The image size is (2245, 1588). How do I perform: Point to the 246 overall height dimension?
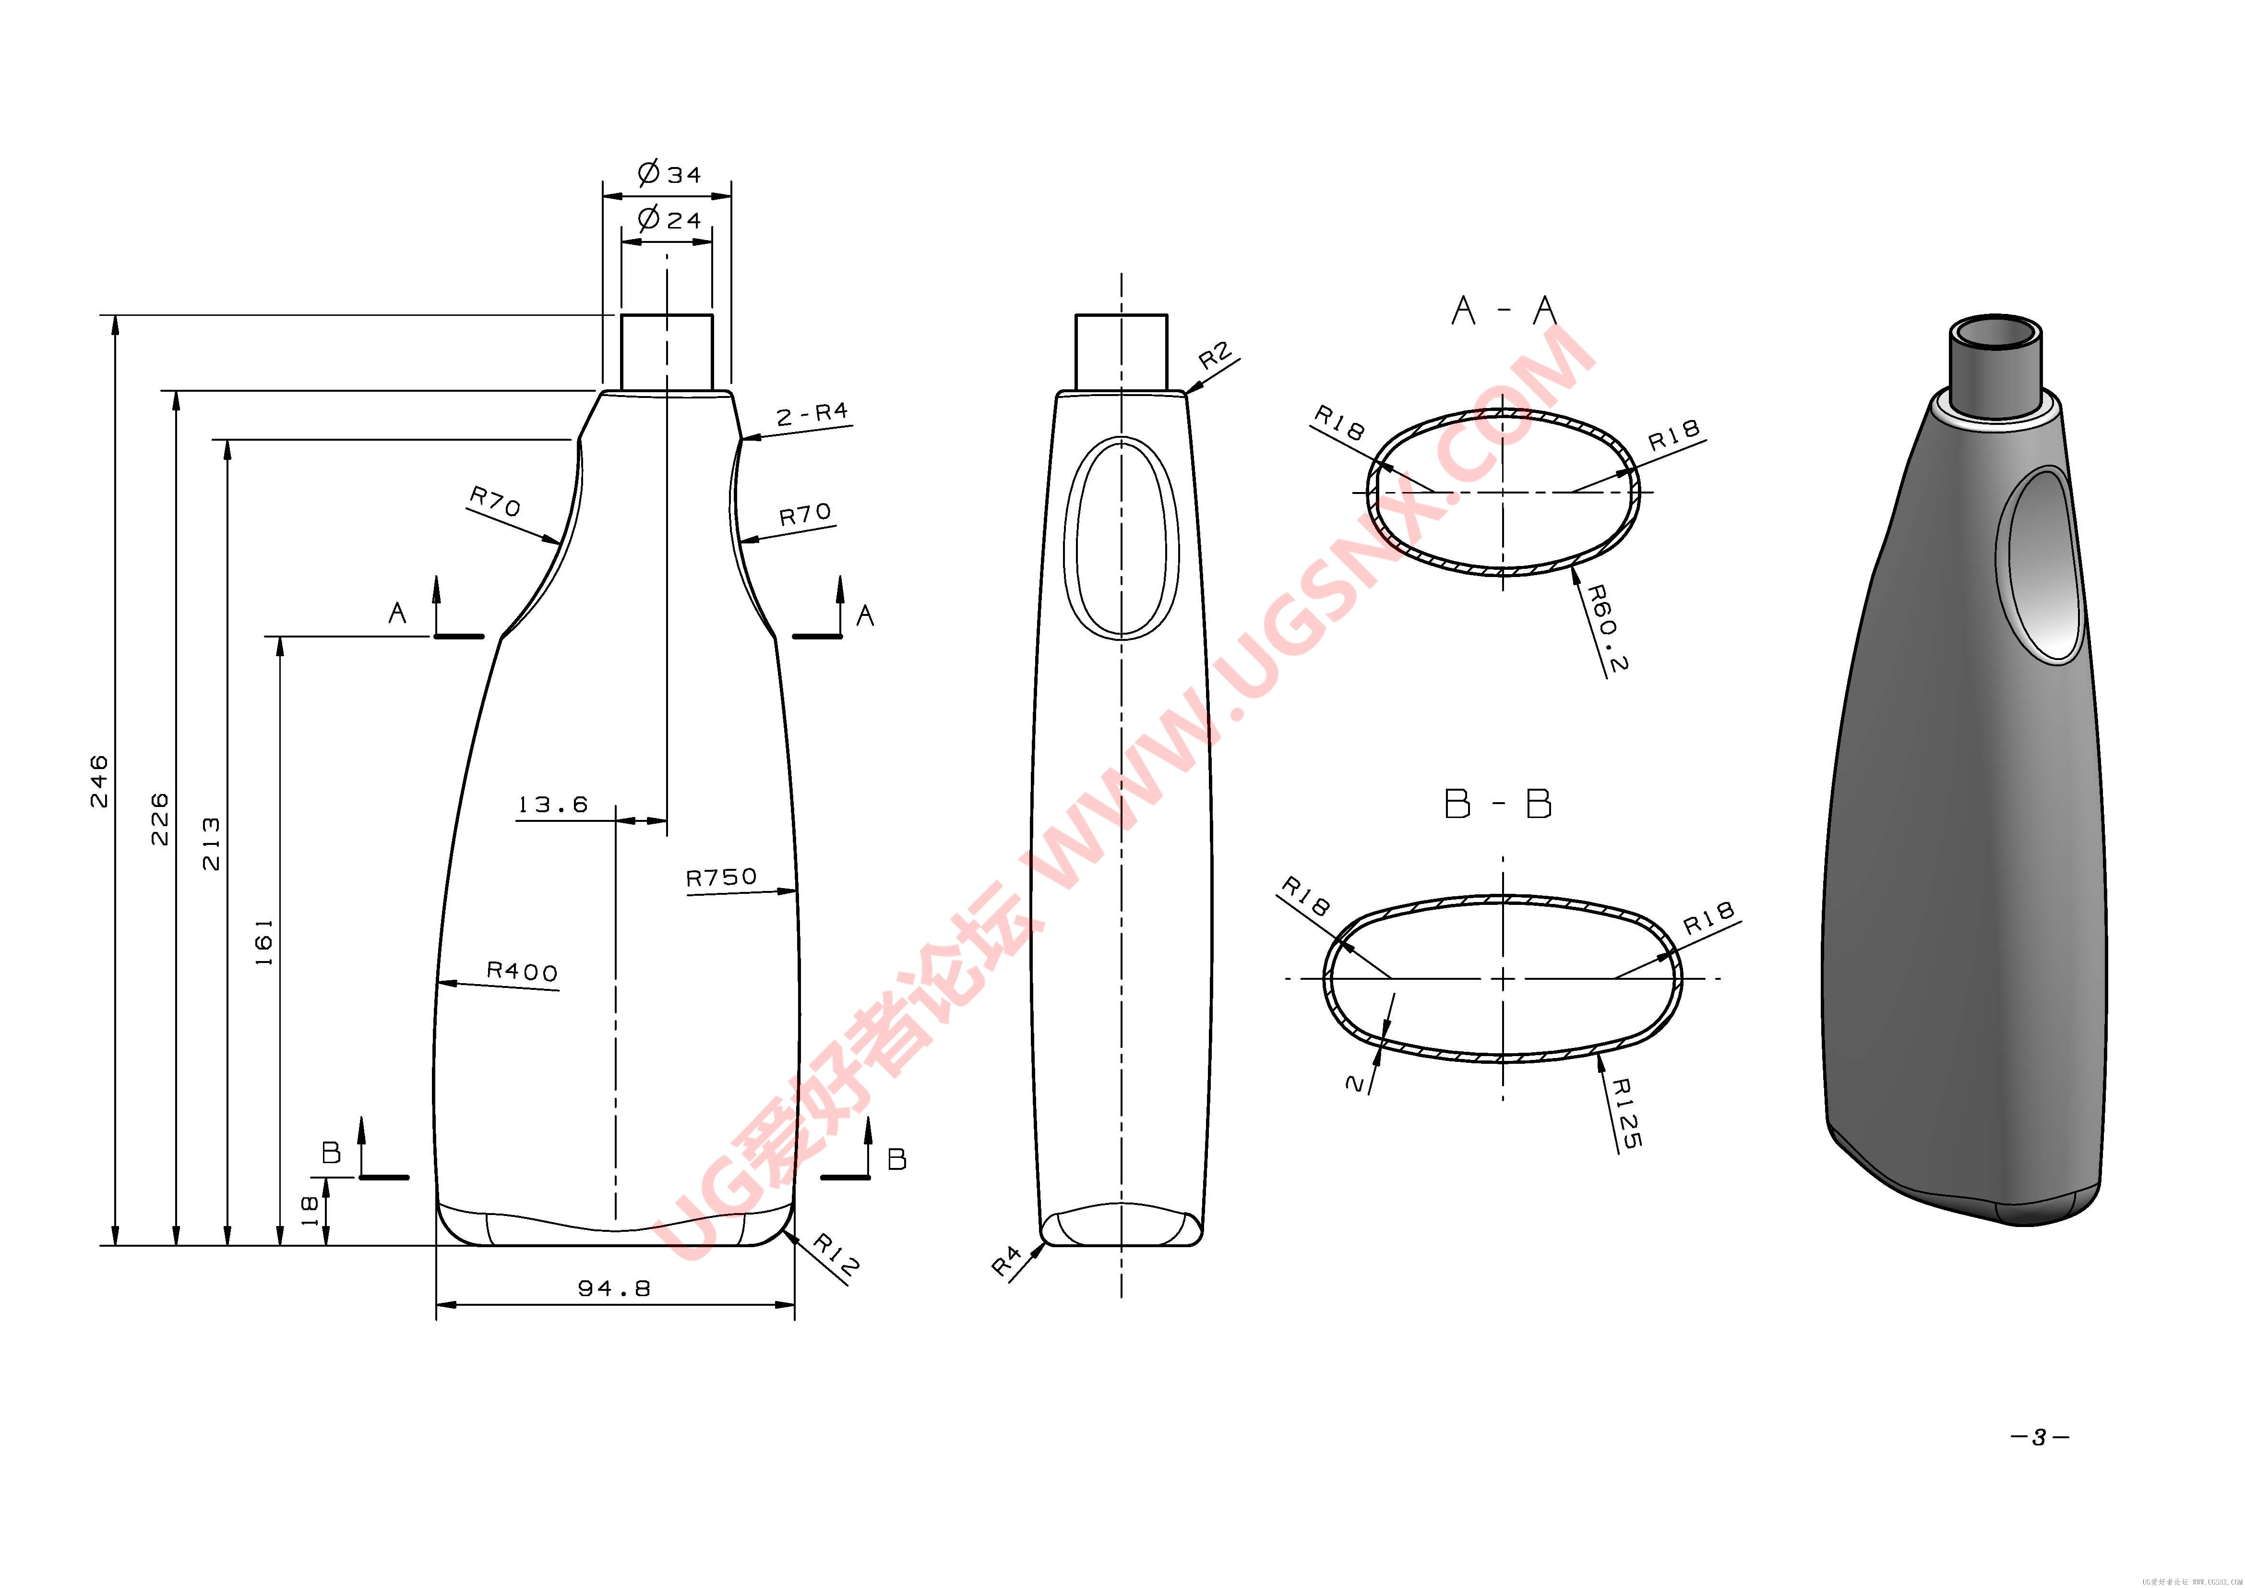pos(100,780)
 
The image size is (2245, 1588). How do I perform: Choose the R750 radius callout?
pos(722,877)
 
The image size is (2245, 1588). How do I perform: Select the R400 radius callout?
pos(522,971)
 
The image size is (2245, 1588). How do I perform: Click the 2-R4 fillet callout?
pos(812,415)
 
